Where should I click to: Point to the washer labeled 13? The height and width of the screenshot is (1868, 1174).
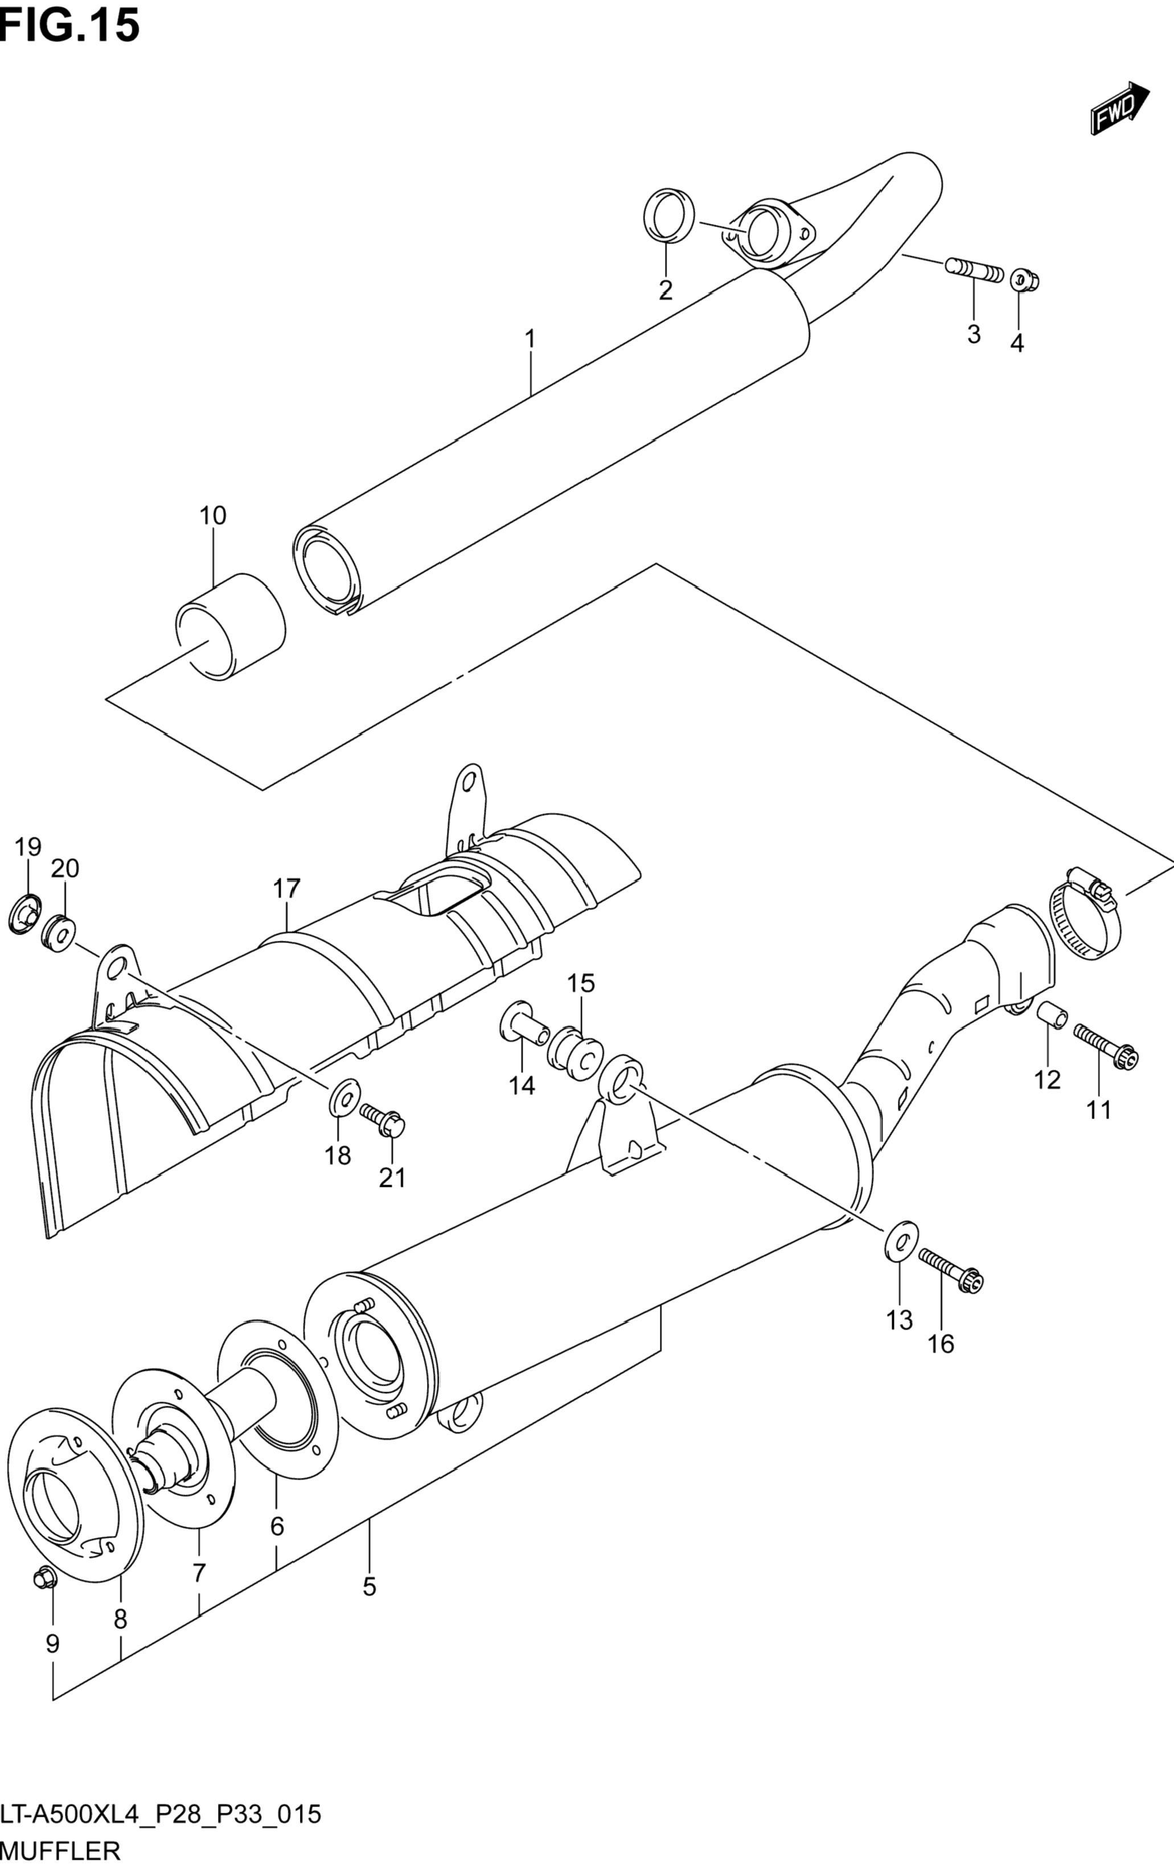(900, 1241)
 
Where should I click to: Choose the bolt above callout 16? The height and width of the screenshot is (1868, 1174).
(951, 1269)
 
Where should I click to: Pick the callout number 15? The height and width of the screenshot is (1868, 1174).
(580, 983)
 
